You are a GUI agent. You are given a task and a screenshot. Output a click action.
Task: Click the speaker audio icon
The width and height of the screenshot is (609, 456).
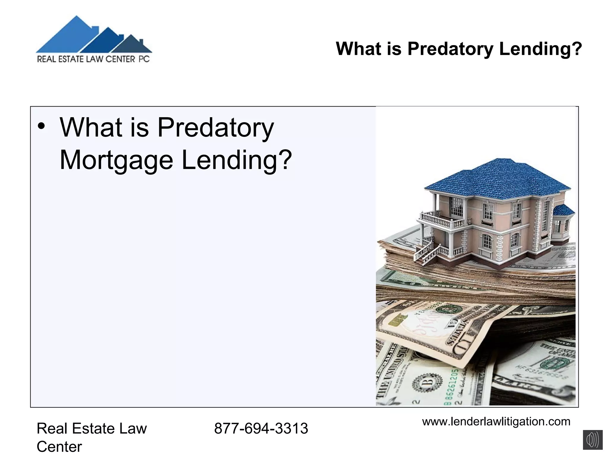592,440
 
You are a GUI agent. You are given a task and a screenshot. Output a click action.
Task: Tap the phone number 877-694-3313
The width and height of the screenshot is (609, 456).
261,428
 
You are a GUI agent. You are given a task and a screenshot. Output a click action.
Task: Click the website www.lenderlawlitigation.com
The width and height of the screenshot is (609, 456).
496,422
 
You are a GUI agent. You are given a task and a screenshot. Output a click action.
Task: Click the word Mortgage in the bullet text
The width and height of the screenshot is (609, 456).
116,160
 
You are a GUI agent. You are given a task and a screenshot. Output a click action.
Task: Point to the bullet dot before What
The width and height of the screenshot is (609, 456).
41,127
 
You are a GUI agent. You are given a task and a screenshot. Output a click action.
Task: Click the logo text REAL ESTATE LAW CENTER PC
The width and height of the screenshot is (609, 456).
93,59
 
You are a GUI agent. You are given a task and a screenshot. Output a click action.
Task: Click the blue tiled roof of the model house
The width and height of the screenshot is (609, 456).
500,178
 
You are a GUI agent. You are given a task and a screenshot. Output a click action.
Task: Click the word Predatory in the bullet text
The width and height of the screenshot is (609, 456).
215,128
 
